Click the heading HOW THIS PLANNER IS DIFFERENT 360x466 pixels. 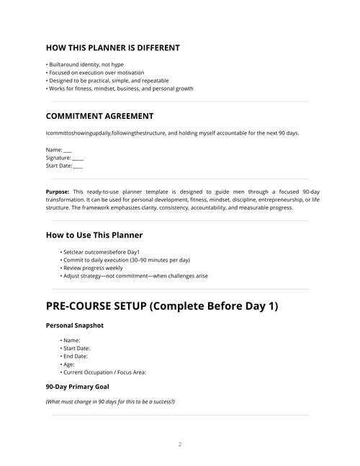pos(112,48)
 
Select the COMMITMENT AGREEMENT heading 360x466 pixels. pos(99,116)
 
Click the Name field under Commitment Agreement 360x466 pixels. pos(58,149)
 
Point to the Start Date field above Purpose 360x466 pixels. pos(63,166)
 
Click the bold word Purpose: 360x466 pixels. pos(58,192)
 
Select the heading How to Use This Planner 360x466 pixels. pos(94,235)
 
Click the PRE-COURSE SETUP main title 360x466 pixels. pos(162,305)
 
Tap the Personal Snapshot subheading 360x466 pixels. pos(75,326)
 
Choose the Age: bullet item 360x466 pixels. pos(68,364)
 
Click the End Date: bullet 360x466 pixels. pos(76,356)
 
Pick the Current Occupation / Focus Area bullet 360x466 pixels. pos(104,372)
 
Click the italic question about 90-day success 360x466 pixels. pos(110,401)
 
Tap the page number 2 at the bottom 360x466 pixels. pos(180,444)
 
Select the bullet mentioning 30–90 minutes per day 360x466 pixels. pos(125,259)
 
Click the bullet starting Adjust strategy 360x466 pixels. pos(135,275)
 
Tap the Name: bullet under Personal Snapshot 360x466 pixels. pos(71,340)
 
